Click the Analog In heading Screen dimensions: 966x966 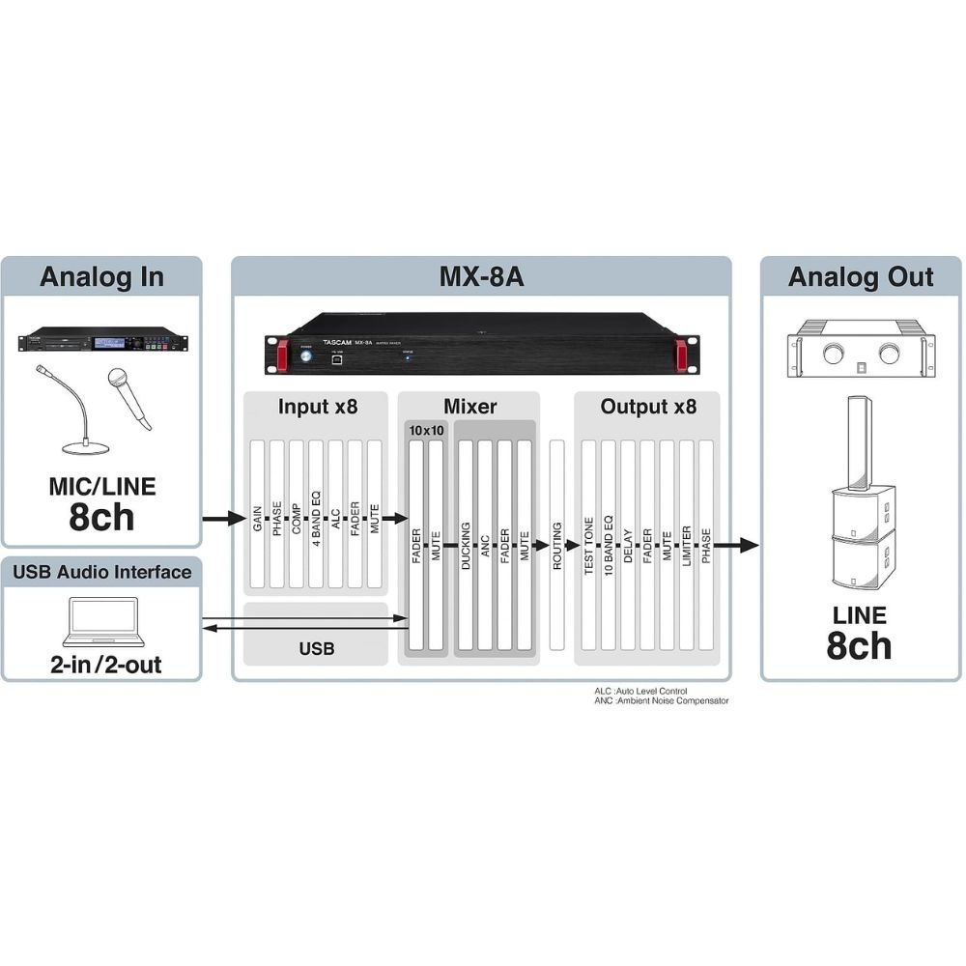(x=101, y=277)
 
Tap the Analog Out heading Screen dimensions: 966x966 (x=861, y=277)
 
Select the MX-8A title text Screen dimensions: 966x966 (x=481, y=277)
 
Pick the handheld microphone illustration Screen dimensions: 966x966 (x=130, y=396)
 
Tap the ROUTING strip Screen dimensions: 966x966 (x=557, y=546)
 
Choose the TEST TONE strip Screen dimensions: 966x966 (x=589, y=546)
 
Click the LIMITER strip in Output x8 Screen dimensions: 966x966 (x=687, y=546)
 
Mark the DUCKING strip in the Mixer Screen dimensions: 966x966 (x=466, y=546)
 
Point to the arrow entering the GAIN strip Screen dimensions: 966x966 (x=222, y=519)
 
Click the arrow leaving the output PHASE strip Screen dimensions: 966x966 (x=735, y=545)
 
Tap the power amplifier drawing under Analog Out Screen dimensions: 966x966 (x=861, y=348)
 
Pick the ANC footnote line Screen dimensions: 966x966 (x=662, y=700)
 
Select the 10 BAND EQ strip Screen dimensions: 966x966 (x=609, y=546)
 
